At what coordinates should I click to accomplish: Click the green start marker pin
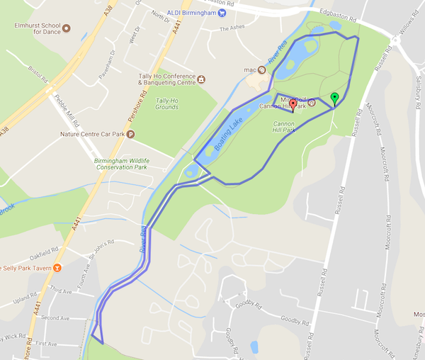[335, 99]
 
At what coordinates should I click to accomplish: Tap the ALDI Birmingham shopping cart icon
[222, 12]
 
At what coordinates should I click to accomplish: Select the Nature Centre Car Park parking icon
[130, 133]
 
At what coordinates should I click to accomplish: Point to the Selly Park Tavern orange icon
[57, 267]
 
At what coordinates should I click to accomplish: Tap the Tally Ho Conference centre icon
[201, 79]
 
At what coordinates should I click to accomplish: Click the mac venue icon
[261, 69]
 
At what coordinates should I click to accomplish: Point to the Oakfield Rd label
[44, 253]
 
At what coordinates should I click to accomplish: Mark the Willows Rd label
[413, 29]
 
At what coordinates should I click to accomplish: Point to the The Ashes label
[231, 29]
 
